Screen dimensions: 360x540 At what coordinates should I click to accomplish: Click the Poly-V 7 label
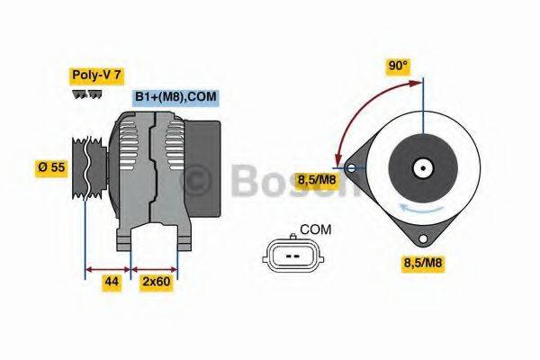95,76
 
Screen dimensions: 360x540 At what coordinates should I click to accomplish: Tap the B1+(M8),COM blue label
175,97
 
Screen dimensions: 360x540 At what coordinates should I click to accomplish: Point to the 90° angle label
398,66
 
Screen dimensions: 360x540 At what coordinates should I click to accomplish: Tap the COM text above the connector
315,229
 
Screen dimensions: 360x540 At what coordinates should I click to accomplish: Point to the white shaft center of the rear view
420,166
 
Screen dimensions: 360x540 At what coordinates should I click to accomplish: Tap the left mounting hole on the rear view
349,166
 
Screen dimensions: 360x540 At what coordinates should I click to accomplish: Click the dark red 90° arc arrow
360,108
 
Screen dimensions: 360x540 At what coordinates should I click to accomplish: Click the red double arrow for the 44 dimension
107,267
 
